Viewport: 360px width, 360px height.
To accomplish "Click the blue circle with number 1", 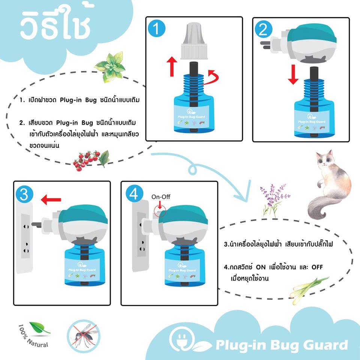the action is [157, 28].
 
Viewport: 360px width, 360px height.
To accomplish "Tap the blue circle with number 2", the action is [264, 30].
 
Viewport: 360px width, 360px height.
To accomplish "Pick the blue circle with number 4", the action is [135, 193].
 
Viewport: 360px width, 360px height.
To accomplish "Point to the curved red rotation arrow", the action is [212, 79].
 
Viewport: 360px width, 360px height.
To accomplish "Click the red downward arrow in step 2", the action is [293, 75].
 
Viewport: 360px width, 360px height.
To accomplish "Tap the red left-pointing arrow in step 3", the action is [51, 200].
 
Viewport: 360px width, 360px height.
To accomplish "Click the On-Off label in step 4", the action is [161, 197].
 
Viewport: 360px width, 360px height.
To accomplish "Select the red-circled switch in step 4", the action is [160, 211].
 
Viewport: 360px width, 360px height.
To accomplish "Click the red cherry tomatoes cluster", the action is [86, 160].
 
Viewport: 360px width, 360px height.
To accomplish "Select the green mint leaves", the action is [110, 67].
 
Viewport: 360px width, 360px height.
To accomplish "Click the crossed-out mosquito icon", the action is [84, 336].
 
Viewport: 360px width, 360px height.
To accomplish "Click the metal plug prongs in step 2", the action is [265, 45].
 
